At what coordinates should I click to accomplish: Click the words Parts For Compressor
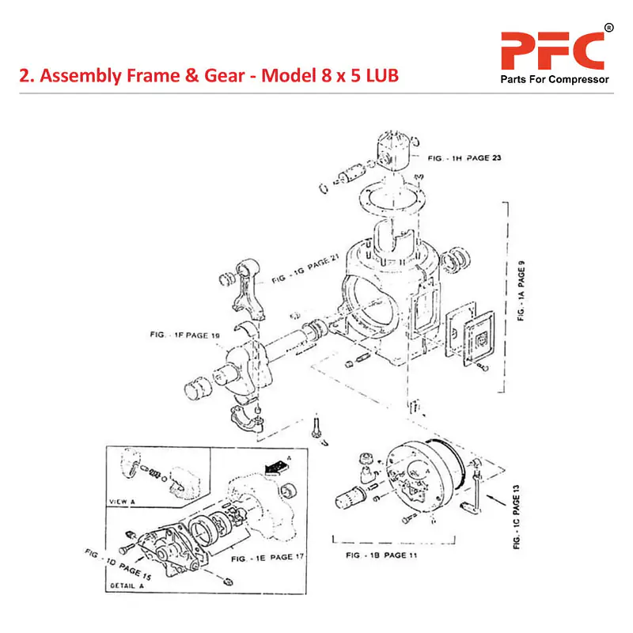coord(552,80)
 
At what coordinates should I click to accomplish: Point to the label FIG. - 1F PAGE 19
coord(184,335)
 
